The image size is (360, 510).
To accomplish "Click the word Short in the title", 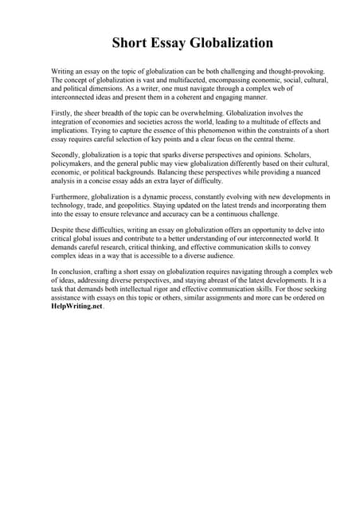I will point(130,43).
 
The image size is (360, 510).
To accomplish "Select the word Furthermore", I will point(73,197).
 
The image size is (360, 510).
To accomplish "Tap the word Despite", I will point(64,230).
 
